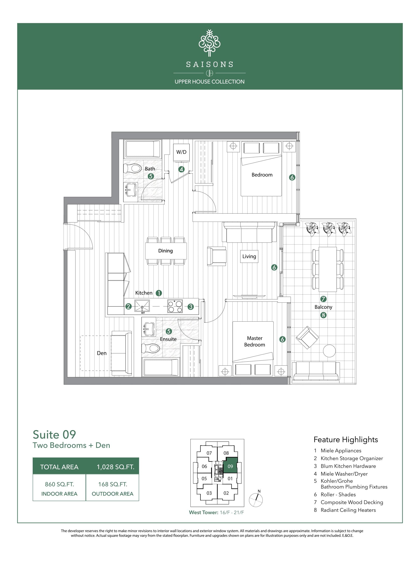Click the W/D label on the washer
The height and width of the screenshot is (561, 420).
[181, 152]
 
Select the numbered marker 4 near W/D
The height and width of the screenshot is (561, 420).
[181, 169]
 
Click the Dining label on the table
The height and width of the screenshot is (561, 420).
[165, 251]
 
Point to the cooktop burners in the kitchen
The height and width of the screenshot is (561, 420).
[175, 306]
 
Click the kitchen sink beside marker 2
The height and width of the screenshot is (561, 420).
[142, 306]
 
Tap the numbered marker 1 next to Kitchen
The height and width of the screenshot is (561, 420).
[159, 293]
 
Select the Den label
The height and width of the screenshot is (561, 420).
[101, 353]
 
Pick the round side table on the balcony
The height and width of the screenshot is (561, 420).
[329, 351]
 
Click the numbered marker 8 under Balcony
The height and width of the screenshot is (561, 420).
[323, 315]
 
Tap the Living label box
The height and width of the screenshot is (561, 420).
[249, 256]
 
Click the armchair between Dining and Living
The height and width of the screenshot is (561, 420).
[217, 256]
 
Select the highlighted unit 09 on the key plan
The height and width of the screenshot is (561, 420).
[230, 466]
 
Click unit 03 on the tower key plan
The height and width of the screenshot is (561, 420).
[209, 493]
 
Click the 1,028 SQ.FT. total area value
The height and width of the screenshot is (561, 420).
[115, 467]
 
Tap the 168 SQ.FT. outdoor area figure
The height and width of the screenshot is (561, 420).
[113, 484]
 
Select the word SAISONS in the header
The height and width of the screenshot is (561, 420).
[210, 65]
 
